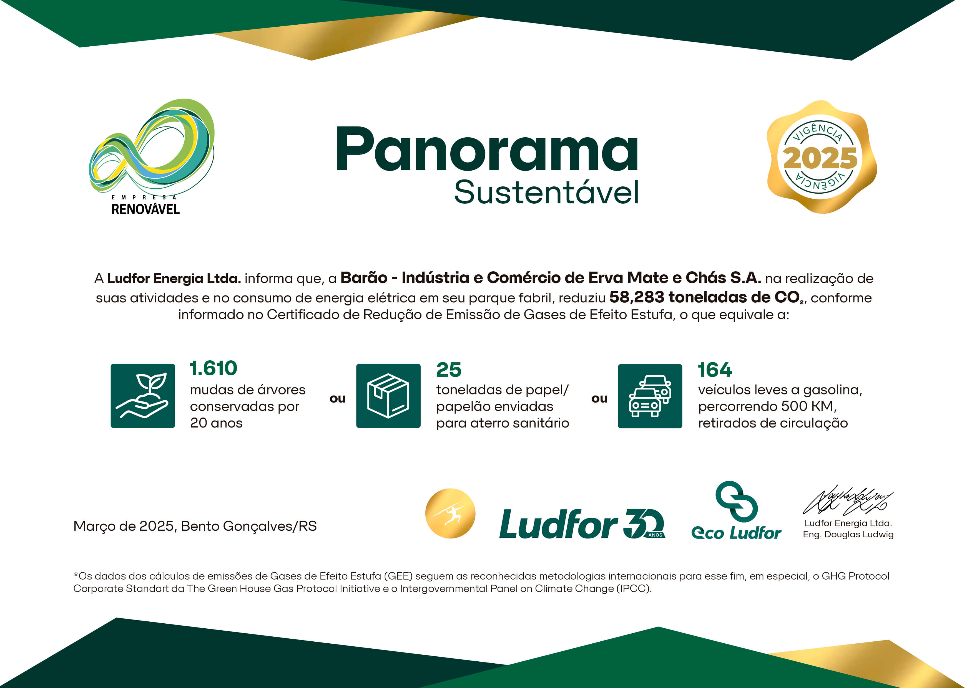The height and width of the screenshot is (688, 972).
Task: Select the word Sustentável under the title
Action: [x=546, y=192]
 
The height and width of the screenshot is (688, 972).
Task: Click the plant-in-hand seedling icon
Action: [x=143, y=396]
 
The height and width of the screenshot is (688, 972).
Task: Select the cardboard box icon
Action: [x=388, y=396]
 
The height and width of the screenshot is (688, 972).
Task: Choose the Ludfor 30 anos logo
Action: [x=582, y=523]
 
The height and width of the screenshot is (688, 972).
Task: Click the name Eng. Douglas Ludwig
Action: [x=848, y=534]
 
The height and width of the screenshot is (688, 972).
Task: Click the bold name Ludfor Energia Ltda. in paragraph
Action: [x=174, y=278]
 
